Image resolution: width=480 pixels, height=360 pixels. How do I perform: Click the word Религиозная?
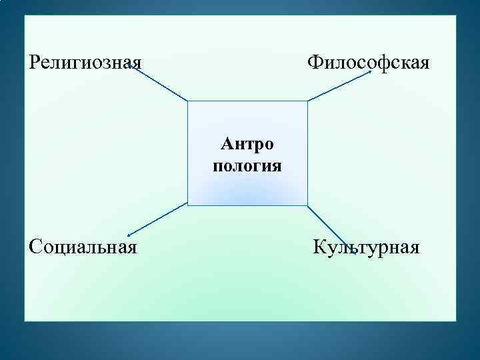click(85, 63)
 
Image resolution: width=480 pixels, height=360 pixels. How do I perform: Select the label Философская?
click(369, 63)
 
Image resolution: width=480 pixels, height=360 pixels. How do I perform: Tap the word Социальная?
click(83, 247)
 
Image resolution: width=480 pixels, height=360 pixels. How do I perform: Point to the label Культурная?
click(367, 248)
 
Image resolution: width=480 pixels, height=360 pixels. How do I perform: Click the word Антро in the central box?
click(247, 143)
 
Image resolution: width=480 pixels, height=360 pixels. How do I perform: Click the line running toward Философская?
click(340, 86)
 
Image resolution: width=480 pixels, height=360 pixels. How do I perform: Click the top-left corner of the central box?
click(188, 101)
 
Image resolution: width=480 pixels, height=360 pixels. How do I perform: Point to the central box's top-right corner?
click(307, 101)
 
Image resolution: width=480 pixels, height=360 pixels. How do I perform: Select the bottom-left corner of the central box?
click(188, 205)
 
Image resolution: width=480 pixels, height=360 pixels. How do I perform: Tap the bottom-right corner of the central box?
click(307, 205)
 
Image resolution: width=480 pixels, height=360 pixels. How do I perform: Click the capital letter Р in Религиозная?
click(35, 63)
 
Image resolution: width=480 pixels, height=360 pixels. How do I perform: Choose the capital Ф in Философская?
click(314, 63)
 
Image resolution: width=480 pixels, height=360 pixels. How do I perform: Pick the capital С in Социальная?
click(35, 247)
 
